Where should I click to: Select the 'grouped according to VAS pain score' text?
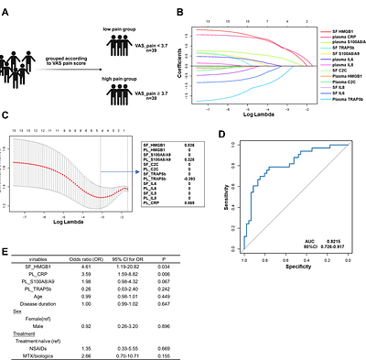(x=66, y=61)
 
